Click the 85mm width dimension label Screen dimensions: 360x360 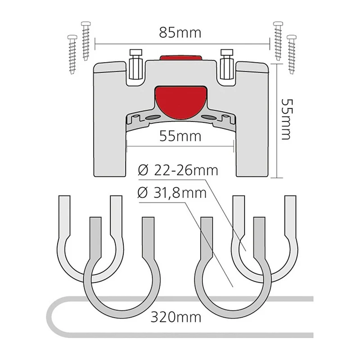pyautogui.click(x=180, y=33)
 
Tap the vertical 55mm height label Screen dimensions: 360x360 pyautogui.click(x=286, y=119)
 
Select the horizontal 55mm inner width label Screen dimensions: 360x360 pyautogui.click(x=180, y=136)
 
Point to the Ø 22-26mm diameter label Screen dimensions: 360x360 pyautogui.click(x=178, y=171)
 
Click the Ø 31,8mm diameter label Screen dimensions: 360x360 pyautogui.click(x=172, y=193)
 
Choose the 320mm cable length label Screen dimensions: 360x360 pyautogui.click(x=176, y=317)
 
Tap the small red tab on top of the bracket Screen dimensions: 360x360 pyautogui.click(x=181, y=58)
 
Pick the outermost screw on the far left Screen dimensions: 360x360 pyautogui.click(x=72, y=54)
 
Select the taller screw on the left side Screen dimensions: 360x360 pyautogui.click(x=86, y=41)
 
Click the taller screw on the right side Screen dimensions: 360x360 pyautogui.click(x=278, y=41)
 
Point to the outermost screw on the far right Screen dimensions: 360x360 pyautogui.click(x=292, y=54)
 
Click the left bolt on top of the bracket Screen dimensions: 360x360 pyautogui.click(x=136, y=64)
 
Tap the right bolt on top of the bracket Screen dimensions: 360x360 pyautogui.click(x=227, y=64)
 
